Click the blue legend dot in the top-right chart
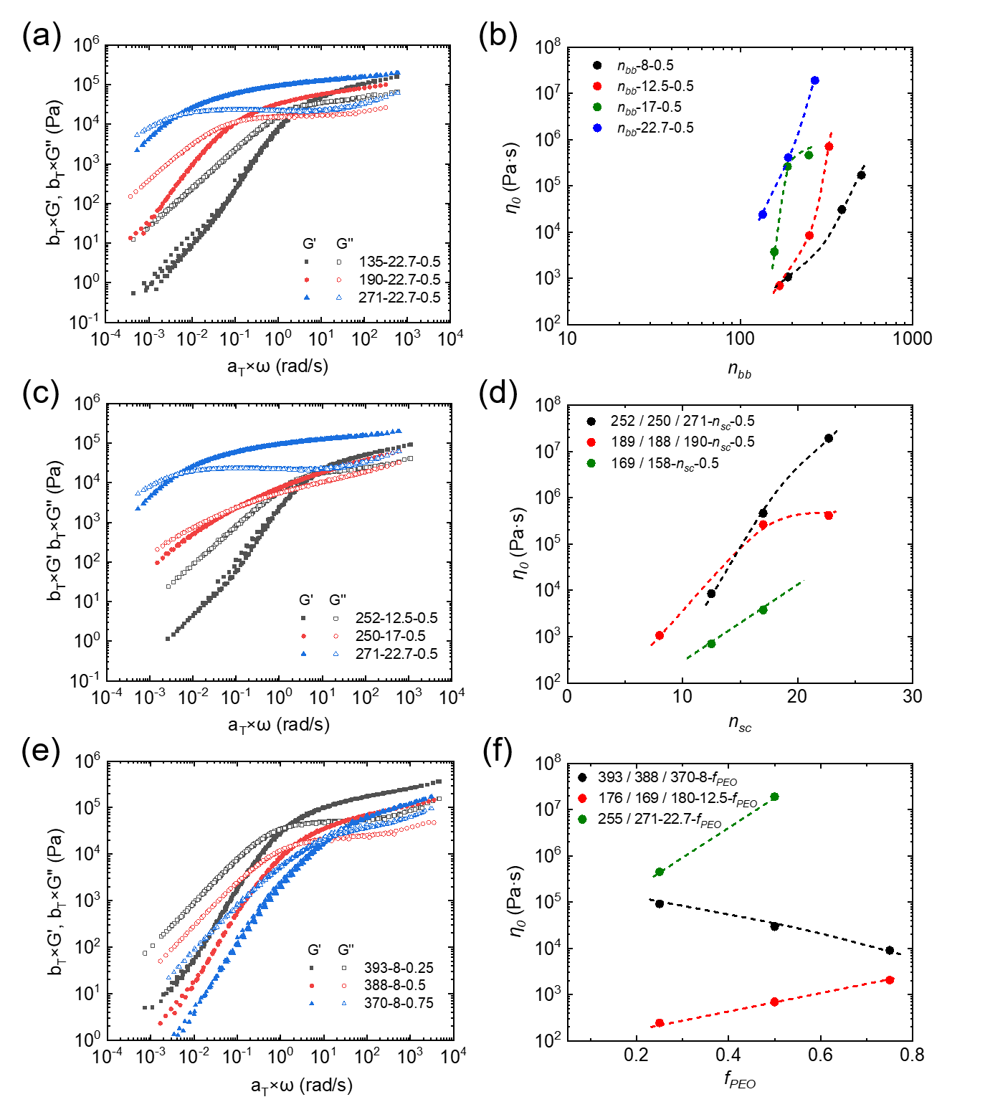[597, 128]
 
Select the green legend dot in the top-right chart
[597, 107]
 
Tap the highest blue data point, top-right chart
[815, 80]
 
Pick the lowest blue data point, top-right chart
[763, 214]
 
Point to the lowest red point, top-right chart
[780, 286]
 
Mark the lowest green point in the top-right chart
[774, 252]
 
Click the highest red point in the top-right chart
[829, 147]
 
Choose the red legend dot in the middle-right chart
[591, 442]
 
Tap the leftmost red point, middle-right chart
[660, 635]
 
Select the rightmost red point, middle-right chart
[829, 516]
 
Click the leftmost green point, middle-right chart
[711, 644]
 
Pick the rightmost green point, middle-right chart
[763, 609]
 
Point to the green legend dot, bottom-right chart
[582, 819]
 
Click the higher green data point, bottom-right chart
[774, 797]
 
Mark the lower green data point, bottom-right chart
[660, 872]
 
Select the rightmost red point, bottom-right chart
[890, 980]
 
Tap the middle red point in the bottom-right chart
[774, 1002]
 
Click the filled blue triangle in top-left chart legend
[307, 297]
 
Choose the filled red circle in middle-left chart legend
[304, 636]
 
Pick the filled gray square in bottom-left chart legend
[312, 968]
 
